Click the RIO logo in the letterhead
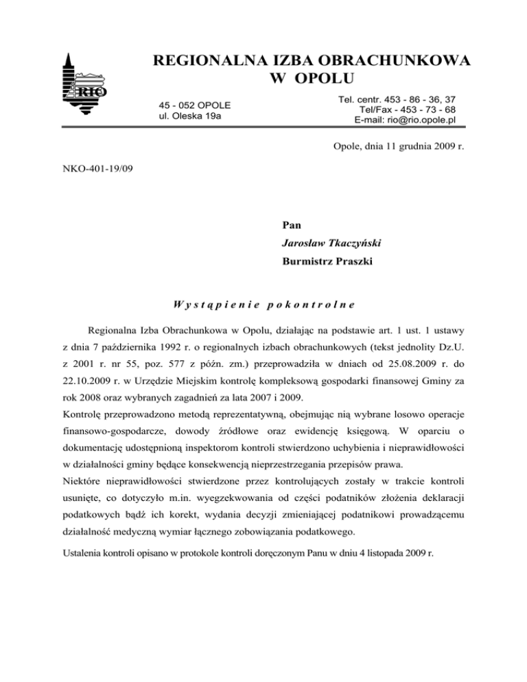84,86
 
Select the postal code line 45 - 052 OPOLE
194,105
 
